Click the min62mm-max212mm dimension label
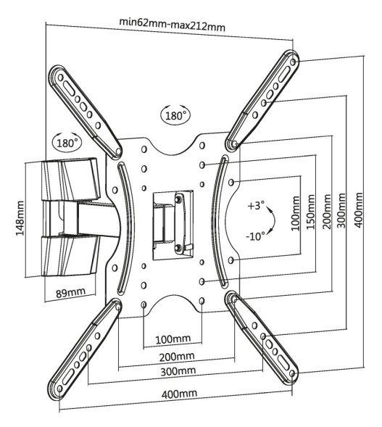pos(172,25)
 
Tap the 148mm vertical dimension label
pos(20,218)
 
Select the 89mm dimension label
pos(70,292)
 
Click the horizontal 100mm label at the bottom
pos(173,339)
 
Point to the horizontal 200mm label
pos(177,357)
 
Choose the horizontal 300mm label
pos(178,371)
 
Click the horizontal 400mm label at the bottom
pos(179,394)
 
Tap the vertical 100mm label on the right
pos(296,213)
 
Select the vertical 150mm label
pos(311,212)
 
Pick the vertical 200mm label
pos(326,211)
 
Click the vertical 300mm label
pos(341,210)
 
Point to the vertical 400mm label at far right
pos(358,210)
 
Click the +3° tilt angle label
pos(256,205)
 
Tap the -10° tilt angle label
pos(255,236)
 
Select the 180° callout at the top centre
pos(175,115)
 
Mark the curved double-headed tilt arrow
pos(273,220)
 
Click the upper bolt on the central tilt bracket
pos(178,199)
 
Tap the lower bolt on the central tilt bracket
pos(178,247)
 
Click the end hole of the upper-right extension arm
pos(293,62)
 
